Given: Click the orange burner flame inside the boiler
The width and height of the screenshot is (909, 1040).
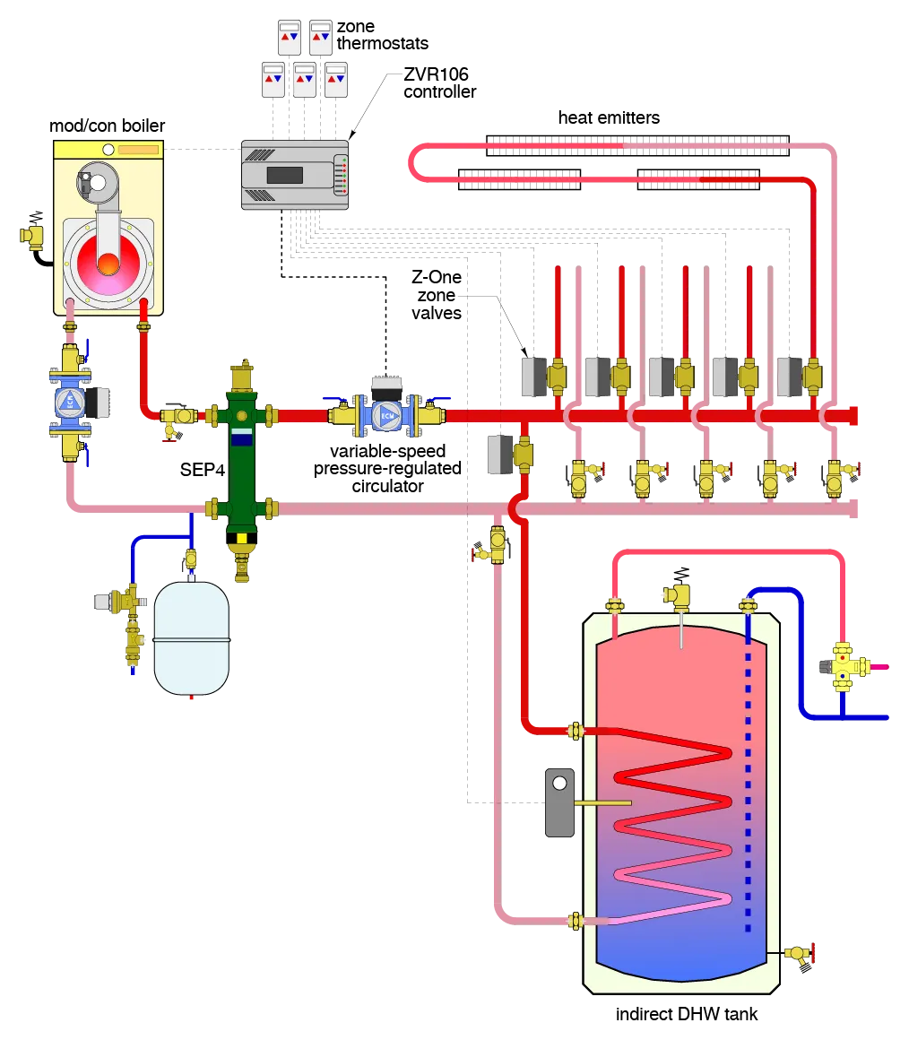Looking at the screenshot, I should pos(108,264).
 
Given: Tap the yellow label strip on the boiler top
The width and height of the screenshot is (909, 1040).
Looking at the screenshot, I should pos(138,150).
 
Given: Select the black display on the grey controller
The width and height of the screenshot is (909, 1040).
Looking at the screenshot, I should pos(284,175).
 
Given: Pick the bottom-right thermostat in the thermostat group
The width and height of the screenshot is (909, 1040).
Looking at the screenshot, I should pos(336,80).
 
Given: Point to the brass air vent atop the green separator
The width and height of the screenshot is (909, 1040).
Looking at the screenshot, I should pos(242,375).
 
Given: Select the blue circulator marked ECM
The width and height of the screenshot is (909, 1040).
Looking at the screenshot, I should pos(387,415).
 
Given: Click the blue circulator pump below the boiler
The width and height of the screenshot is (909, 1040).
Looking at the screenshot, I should pos(70,403).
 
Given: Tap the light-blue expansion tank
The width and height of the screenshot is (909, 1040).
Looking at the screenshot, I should pos(191,637).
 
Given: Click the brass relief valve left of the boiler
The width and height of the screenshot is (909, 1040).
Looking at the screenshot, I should pos(32,235).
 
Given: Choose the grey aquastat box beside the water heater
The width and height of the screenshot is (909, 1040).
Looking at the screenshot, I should pos(559,802).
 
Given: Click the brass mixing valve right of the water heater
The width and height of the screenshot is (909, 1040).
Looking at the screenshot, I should pos(844,666).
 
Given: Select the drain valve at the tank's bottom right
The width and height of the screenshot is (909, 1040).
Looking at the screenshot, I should pos(798,954).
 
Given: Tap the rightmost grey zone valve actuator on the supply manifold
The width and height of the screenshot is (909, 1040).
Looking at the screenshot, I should pos(787,377).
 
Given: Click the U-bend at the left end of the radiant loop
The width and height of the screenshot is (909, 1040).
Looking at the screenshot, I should pos(415,162).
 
